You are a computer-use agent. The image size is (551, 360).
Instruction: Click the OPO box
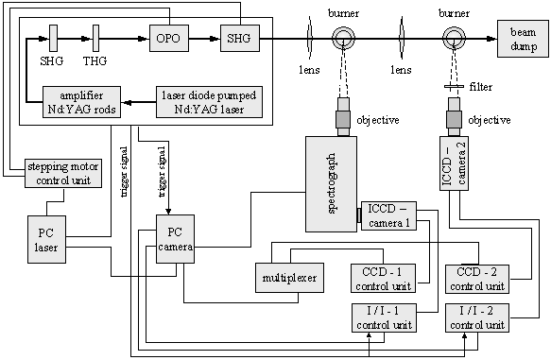tap(169, 38)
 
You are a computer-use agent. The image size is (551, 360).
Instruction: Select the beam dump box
tap(523, 39)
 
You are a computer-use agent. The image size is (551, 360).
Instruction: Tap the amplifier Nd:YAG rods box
tap(81, 102)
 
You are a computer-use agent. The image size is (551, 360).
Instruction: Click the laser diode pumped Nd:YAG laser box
tap(210, 102)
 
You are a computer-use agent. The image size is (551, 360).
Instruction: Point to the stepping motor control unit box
tap(63, 173)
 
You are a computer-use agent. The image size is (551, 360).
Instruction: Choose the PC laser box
tap(46, 240)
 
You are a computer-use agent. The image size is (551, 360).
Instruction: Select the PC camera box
tap(176, 239)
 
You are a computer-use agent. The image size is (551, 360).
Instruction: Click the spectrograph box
tap(332, 184)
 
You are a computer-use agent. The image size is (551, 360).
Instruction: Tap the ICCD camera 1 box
tap(388, 216)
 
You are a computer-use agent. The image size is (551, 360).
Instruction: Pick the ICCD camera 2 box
tap(454, 163)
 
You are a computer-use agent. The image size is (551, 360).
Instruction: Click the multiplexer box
tap(289, 278)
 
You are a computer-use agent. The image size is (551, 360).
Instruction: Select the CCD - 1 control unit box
tap(384, 279)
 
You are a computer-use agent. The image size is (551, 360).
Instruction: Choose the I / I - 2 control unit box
tap(477, 318)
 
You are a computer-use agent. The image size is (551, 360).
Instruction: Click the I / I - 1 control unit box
tap(384, 317)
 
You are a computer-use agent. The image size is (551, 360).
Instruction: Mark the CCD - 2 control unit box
tap(477, 280)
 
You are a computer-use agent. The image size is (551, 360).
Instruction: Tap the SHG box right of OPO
tap(240, 38)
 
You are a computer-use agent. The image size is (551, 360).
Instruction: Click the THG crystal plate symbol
tap(95, 38)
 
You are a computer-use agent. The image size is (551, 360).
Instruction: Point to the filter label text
tap(481, 87)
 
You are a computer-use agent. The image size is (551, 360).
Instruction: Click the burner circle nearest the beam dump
tap(454, 38)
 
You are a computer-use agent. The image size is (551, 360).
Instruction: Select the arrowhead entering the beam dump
tap(492, 39)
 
